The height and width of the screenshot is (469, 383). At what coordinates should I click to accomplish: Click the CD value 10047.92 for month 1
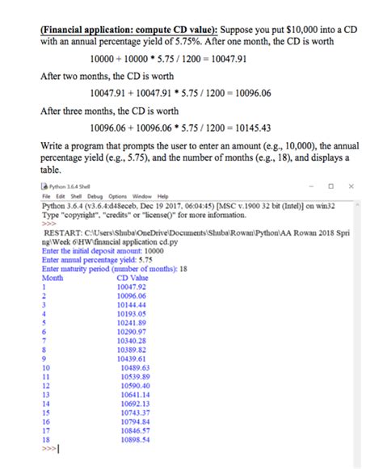click(x=132, y=287)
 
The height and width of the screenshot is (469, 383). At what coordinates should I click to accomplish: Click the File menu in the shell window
click(x=44, y=196)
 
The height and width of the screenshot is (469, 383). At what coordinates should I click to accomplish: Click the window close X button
click(x=351, y=185)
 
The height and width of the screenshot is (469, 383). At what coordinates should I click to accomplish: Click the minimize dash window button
click(x=309, y=185)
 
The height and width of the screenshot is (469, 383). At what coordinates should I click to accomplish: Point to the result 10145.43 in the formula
click(x=250, y=128)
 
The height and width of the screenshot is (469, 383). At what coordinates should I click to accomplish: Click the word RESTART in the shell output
click(x=63, y=232)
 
